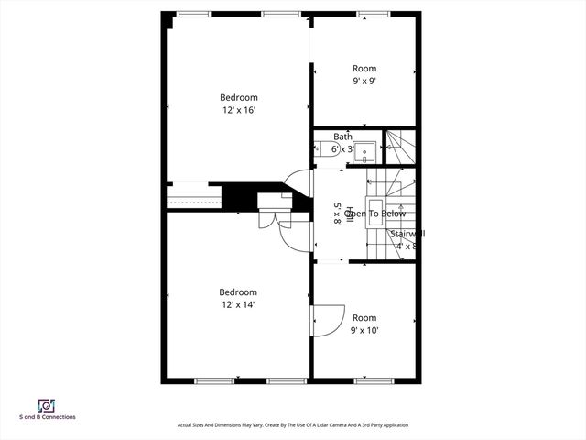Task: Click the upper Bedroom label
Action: tap(238, 97)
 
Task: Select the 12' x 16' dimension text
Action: tap(238, 110)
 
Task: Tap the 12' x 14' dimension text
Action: tap(238, 304)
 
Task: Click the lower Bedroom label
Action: tap(238, 291)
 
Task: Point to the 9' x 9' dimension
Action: tap(364, 81)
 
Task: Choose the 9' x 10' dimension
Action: tap(364, 330)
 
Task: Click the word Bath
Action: tap(342, 137)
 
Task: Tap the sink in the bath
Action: tap(364, 150)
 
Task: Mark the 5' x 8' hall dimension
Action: tap(337, 214)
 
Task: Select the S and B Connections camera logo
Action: tap(46, 404)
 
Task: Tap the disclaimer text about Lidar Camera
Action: tap(293, 425)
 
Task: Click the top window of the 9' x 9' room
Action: tap(370, 14)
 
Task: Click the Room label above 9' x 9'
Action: tap(364, 68)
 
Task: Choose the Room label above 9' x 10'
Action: tap(364, 317)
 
